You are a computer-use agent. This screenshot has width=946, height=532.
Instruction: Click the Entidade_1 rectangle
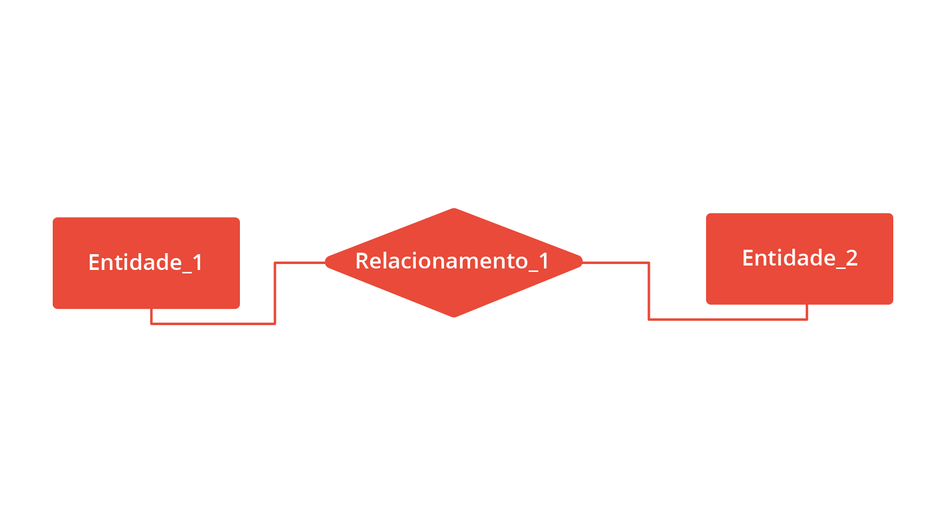[146, 263]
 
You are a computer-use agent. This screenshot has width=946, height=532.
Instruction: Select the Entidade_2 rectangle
[800, 259]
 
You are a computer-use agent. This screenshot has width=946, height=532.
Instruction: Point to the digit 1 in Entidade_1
[198, 263]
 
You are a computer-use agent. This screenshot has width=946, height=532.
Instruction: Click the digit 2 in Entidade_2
[852, 258]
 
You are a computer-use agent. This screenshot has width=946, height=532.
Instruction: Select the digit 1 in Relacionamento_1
[544, 261]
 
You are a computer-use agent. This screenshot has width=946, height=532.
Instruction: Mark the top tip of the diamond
[454, 208]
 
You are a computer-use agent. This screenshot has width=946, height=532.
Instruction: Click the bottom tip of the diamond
[454, 317]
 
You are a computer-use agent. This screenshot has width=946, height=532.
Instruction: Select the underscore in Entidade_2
[841, 268]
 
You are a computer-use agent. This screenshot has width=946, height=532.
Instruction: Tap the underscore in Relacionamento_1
[534, 271]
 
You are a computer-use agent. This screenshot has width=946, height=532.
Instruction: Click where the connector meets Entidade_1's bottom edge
[151, 309]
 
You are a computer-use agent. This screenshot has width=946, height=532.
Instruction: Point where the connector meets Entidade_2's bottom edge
[807, 304]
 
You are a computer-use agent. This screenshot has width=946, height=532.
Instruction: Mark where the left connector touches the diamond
[326, 263]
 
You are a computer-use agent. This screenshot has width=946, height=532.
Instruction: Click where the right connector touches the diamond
[582, 263]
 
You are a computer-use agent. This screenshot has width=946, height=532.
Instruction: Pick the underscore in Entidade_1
[187, 272]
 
